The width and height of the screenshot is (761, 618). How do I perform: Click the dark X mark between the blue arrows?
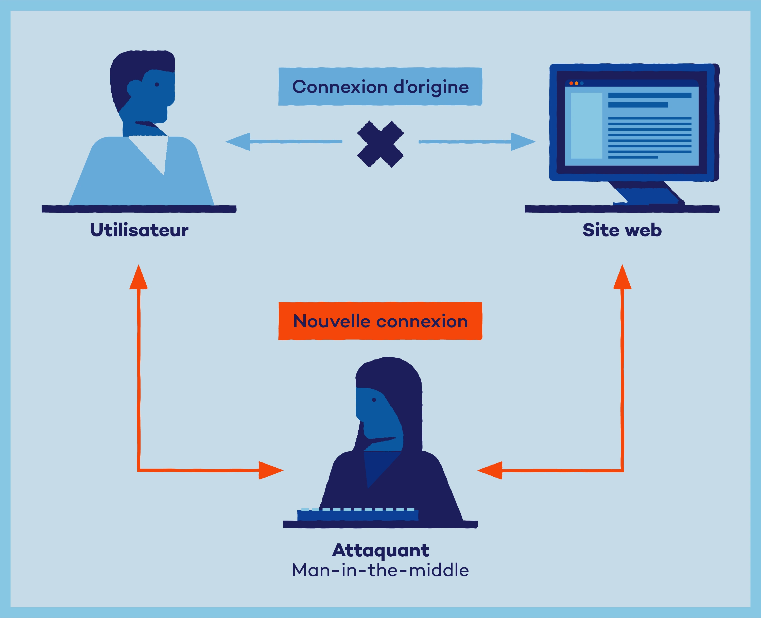380,144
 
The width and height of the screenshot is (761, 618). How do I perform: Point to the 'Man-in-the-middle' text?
380,570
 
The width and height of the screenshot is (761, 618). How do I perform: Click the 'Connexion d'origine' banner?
380,87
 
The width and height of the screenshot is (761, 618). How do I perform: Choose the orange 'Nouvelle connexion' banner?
380,321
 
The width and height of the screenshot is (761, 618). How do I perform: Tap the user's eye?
157,84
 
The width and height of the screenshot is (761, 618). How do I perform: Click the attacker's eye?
374,400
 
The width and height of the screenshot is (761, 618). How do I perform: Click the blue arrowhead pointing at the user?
238,142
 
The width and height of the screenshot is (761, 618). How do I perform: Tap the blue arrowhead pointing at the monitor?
523,142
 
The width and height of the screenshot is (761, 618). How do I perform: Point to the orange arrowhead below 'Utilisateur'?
139,278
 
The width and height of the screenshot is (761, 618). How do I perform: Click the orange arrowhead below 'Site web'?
622,278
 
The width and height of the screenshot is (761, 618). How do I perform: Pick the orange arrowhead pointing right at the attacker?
270,470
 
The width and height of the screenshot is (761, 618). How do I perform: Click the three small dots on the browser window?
576,83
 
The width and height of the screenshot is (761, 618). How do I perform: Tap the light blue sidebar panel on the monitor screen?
586,126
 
